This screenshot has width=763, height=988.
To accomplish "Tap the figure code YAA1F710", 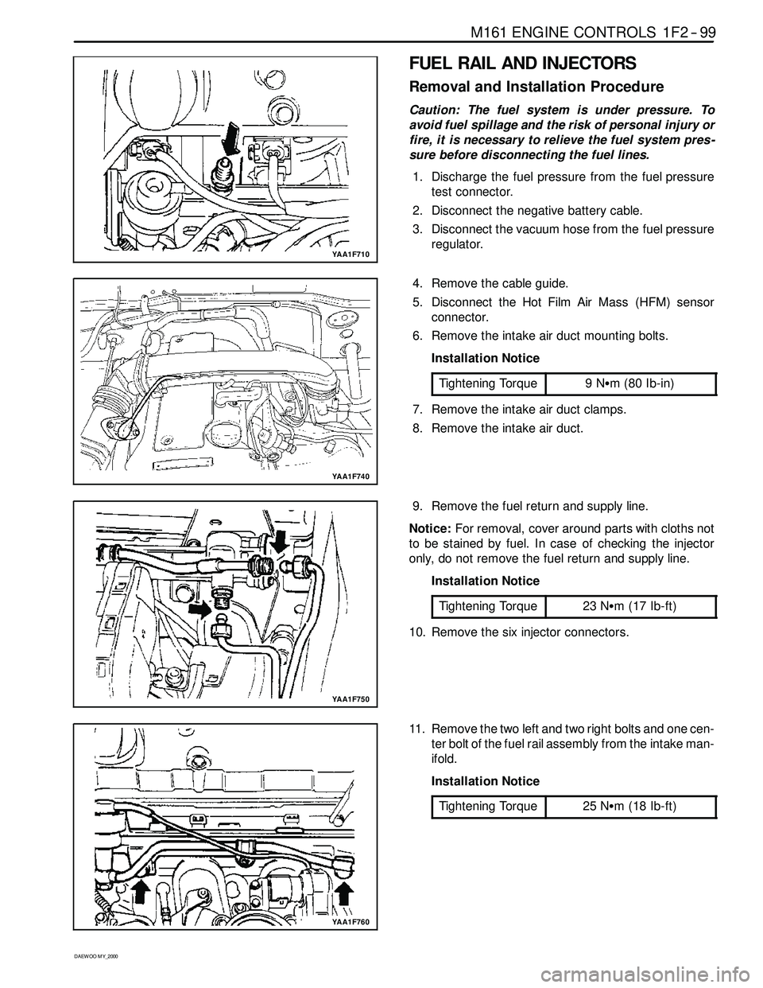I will click(350, 253).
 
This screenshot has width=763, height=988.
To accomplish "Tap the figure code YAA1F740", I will click(350, 475).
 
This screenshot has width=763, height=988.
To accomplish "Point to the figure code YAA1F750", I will click(350, 698).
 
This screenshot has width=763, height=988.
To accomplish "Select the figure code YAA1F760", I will click(350, 920).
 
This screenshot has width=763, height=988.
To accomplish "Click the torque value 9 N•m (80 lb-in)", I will click(629, 383).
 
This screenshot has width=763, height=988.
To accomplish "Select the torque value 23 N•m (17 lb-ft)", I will click(629, 606).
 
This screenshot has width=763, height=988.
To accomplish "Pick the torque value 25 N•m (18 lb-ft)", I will click(629, 806).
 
